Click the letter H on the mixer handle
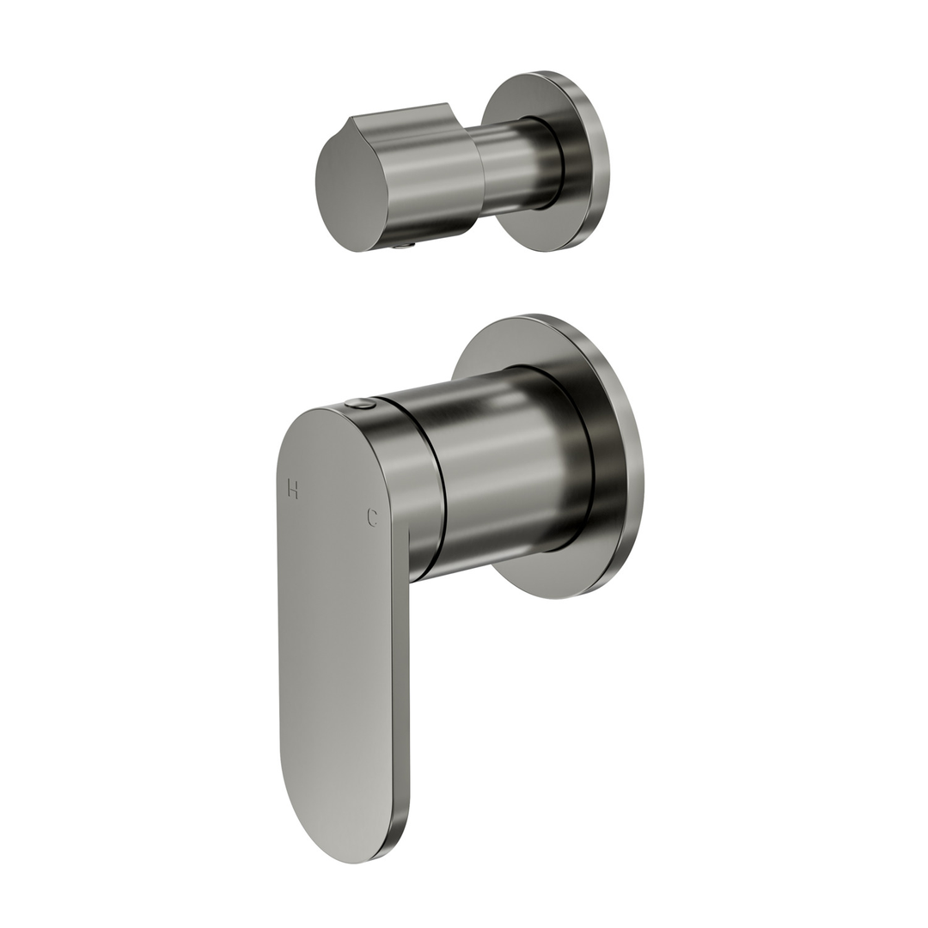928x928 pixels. [x=293, y=489]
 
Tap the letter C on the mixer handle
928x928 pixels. [x=372, y=517]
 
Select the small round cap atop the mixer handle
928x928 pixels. [x=361, y=403]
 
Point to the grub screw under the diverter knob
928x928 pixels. [x=404, y=246]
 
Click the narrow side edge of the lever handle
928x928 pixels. [x=400, y=687]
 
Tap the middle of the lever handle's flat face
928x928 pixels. [x=335, y=636]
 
